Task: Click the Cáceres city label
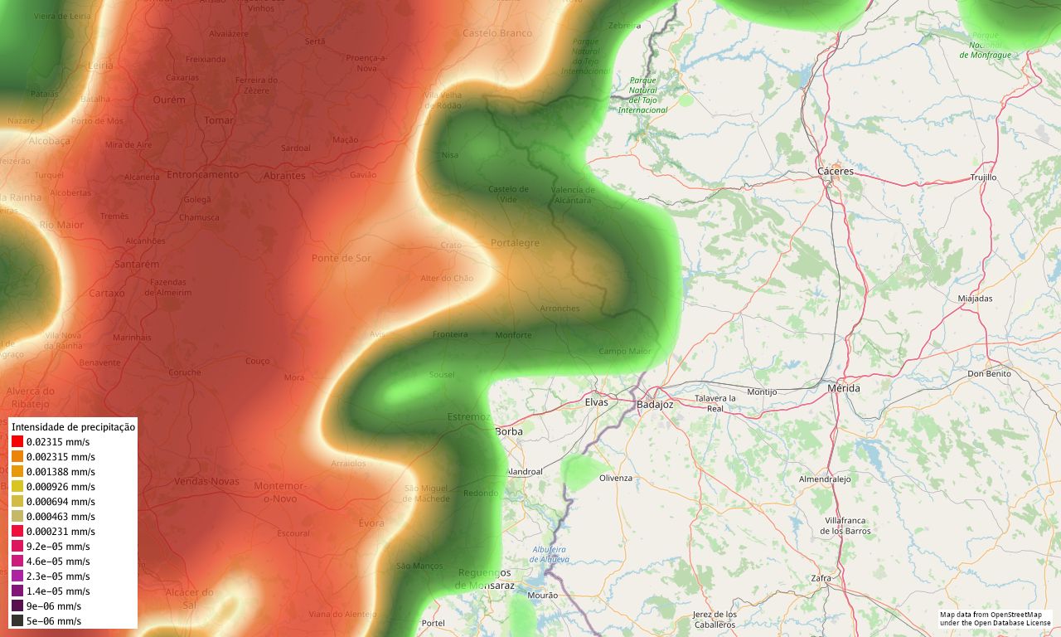tap(835, 171)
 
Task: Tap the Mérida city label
tap(844, 388)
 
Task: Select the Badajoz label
tap(655, 405)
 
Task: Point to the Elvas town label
tap(596, 402)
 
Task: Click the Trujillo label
tap(983, 177)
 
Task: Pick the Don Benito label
tap(990, 374)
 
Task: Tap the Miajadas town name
tap(975, 299)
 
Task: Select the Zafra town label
tap(821, 577)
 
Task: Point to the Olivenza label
tap(615, 478)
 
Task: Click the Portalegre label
tap(515, 243)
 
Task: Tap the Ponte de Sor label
tap(342, 258)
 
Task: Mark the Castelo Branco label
tap(497, 33)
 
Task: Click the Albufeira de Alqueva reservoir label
tap(550, 554)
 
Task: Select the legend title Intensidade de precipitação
tap(73, 427)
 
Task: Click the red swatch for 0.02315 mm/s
tap(17, 442)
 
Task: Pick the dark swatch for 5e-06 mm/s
tap(17, 620)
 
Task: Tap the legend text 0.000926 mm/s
tap(61, 487)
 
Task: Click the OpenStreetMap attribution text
tap(995, 619)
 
